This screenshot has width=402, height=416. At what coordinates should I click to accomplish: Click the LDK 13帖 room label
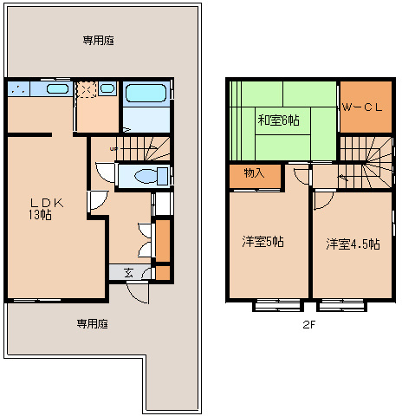[45, 209]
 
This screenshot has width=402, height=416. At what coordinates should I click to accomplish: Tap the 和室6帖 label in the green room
[278, 120]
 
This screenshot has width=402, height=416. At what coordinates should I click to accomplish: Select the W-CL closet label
[362, 107]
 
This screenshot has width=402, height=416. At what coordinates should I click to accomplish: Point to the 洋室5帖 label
[263, 242]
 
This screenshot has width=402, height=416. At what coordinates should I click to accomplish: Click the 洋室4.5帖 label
[353, 244]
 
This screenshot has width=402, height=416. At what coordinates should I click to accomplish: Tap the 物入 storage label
[254, 173]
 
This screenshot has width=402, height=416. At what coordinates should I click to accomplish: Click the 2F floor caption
[308, 325]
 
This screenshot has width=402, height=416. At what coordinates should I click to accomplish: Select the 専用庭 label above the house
[98, 41]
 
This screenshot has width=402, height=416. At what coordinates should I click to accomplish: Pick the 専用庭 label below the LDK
[92, 324]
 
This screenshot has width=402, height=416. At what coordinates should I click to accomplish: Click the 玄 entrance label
[128, 273]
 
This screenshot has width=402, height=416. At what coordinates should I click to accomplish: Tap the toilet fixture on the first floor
[151, 176]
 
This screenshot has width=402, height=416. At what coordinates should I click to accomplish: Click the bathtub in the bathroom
[146, 93]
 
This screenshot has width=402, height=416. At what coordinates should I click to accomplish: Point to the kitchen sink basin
[57, 88]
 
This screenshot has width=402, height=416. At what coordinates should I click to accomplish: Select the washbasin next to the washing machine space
[107, 88]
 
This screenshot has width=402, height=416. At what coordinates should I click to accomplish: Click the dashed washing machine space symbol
[86, 89]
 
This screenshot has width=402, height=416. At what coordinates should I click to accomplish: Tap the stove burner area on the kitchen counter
[18, 88]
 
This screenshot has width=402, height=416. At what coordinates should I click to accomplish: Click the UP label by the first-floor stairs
[113, 149]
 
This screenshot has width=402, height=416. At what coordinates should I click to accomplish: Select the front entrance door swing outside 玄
[138, 293]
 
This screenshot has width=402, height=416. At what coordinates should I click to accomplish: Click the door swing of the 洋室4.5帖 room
[324, 200]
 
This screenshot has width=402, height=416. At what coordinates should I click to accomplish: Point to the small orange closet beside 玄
[163, 272]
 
